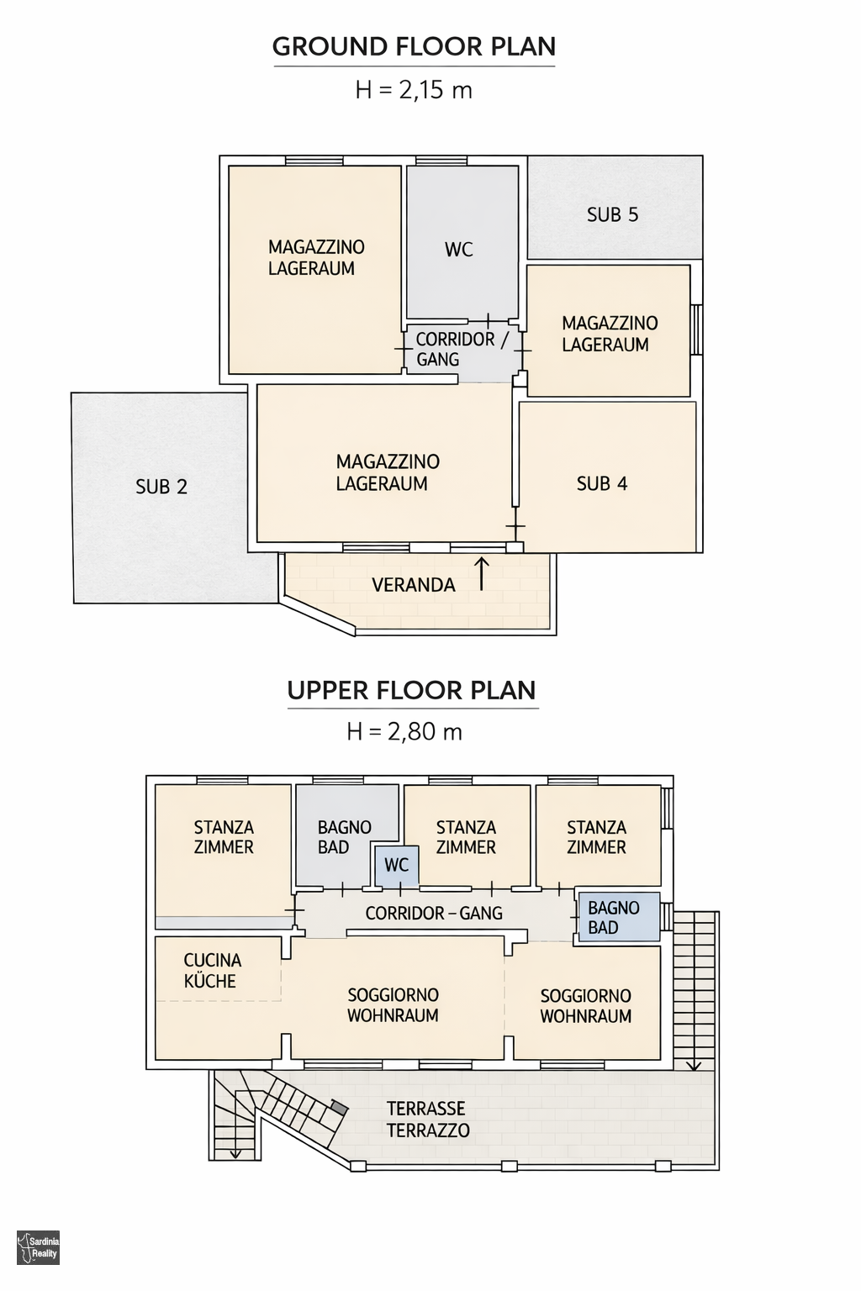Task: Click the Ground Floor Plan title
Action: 414,47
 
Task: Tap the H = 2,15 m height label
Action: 414,90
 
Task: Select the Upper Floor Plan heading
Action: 412,690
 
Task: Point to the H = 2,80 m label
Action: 404,731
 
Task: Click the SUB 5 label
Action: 612,214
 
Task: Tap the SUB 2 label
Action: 161,487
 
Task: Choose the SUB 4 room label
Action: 602,483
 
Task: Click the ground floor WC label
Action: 459,249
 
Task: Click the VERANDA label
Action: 414,585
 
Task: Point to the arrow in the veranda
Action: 482,573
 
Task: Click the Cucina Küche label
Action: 212,970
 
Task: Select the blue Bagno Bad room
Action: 620,917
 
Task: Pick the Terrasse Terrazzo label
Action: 428,1120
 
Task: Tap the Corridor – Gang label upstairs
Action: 434,913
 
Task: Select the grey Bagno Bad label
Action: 344,837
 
